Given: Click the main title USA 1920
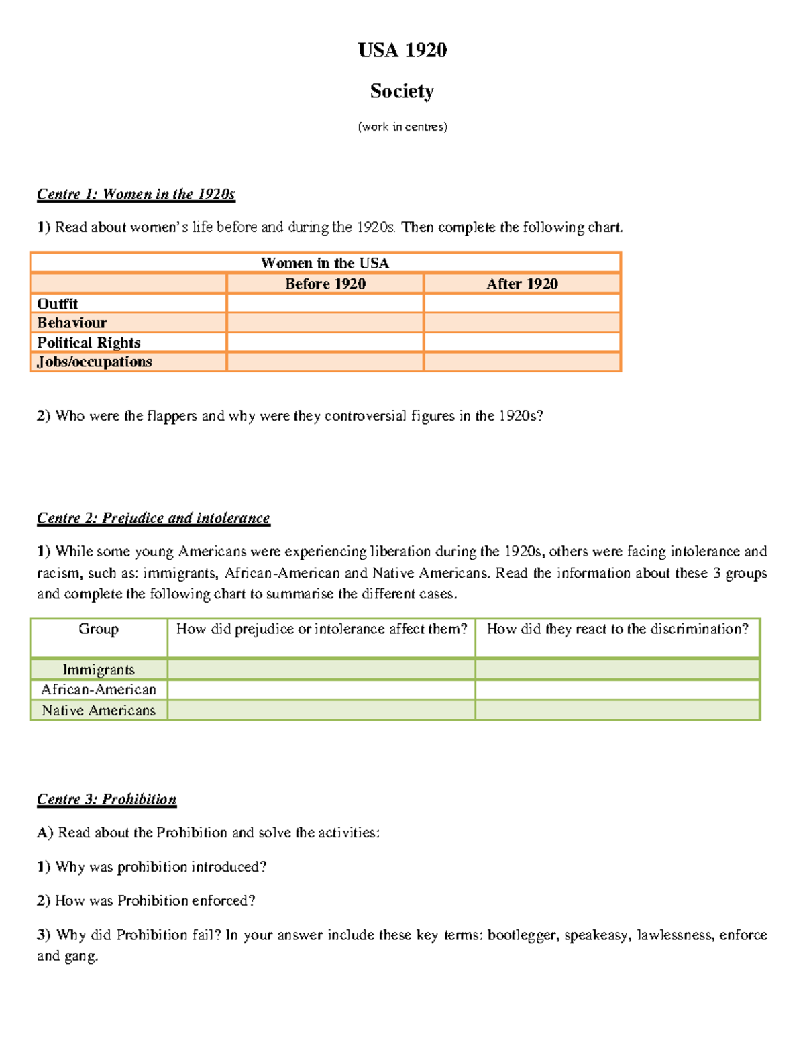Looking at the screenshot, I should point(402,50).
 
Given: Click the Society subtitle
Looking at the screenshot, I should point(402,91).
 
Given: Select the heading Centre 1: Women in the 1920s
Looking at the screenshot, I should point(136,194).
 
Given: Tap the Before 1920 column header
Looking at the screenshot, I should point(325,284).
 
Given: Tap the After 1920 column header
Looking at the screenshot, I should point(522,284).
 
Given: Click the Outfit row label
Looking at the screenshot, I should point(58,303).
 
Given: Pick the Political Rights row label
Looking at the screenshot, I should point(89,342).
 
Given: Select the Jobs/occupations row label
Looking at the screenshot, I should point(95,362).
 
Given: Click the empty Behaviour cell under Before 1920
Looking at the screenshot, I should point(325,323).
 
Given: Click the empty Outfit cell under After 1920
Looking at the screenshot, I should point(522,303).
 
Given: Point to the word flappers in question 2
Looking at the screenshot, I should point(172,416).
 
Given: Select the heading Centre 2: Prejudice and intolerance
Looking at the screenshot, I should point(153,518).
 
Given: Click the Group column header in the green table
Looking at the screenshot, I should point(99,629).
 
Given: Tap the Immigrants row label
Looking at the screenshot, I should point(99,670).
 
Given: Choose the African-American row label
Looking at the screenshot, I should point(99,690).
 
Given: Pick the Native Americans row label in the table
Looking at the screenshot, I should point(99,711).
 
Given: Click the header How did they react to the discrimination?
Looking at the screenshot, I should point(617,629).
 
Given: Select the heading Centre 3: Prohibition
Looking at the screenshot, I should point(107,799).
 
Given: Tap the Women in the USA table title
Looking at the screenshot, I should point(325,263).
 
